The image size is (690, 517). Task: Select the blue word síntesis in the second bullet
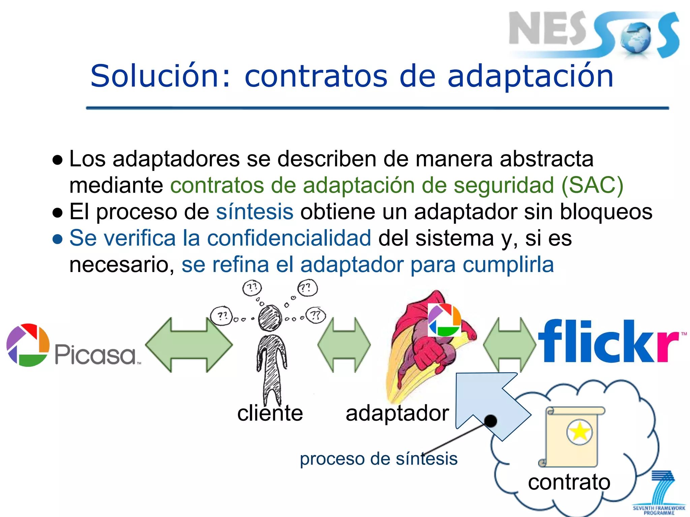[255, 212]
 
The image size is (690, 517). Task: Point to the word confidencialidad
[289, 238]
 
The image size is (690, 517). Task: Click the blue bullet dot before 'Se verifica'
[58, 239]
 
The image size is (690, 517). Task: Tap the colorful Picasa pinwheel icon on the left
[28, 345]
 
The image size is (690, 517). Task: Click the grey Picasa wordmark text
[96, 355]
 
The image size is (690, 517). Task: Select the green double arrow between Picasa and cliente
[189, 345]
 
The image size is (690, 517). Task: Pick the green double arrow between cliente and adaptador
[344, 345]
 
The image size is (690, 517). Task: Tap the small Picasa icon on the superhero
[444, 320]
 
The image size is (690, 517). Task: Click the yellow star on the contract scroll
[579, 432]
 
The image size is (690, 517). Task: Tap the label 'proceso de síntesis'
[378, 459]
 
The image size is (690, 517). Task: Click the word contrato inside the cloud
[569, 482]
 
